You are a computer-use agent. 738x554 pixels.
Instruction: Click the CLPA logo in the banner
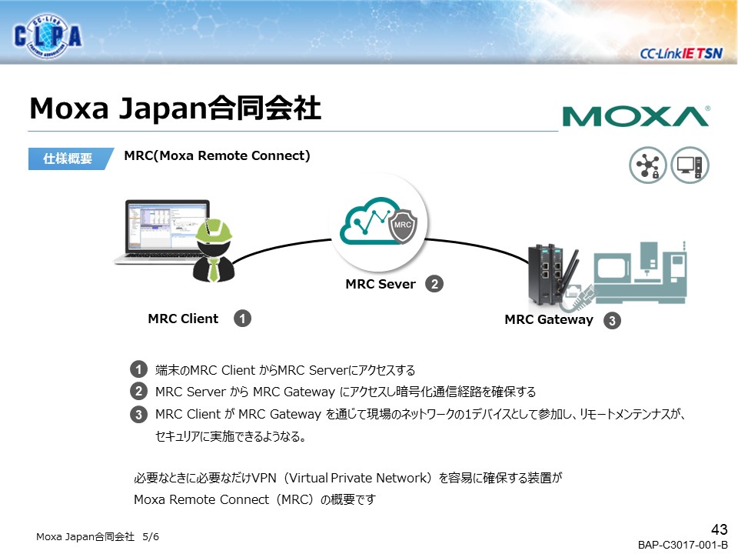(x=48, y=35)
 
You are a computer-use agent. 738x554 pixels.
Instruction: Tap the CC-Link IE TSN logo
(x=680, y=53)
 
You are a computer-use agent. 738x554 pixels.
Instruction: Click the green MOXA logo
(x=636, y=116)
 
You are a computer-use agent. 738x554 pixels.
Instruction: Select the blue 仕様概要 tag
(x=70, y=159)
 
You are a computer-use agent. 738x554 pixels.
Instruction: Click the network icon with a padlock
(x=647, y=165)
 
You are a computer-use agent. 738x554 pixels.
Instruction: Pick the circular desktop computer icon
(x=690, y=165)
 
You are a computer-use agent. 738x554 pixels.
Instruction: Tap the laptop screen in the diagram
(x=167, y=226)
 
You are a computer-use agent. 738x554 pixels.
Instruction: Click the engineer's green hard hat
(x=214, y=231)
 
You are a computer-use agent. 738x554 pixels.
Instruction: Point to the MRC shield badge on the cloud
(x=402, y=225)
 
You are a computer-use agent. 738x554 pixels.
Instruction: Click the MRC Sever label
(x=381, y=284)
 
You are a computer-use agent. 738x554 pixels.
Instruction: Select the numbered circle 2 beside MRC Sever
(x=434, y=284)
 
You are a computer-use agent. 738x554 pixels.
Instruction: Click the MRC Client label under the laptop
(x=183, y=319)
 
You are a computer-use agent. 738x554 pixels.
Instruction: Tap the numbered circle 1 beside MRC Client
(x=242, y=319)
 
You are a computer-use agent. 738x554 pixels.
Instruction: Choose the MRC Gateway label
(x=549, y=320)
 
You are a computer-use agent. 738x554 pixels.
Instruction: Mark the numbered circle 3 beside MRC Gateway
(x=612, y=321)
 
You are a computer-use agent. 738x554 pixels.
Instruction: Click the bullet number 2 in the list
(x=138, y=391)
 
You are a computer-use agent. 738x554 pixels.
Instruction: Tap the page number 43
(x=720, y=529)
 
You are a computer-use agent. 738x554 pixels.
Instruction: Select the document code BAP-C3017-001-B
(x=683, y=545)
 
